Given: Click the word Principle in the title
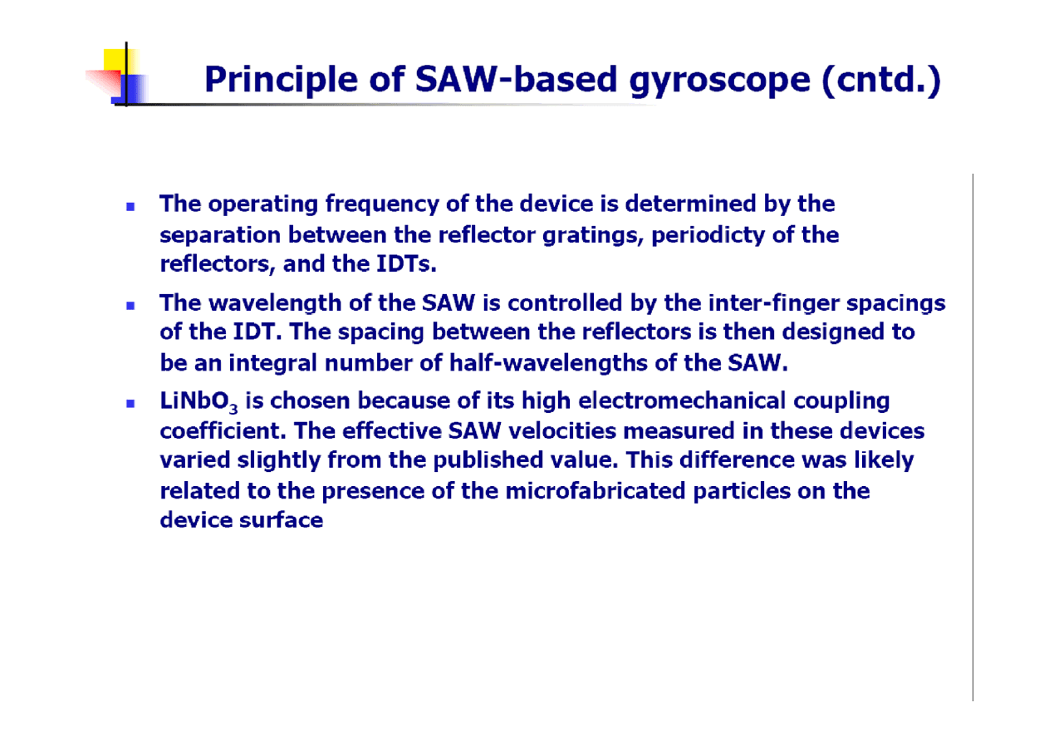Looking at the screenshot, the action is coord(281,80).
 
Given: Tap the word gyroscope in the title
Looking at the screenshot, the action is coord(719,81).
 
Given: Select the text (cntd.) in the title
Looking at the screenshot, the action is coord(881,80).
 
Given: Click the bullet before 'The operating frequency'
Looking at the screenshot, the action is coord(130,207).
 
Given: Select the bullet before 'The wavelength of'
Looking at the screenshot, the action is coord(130,306).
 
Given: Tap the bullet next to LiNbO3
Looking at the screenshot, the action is coord(130,403).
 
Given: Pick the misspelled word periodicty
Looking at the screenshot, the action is coord(708,236).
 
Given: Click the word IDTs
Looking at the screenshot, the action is coord(406,264).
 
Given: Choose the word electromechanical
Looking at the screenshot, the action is coord(682,401).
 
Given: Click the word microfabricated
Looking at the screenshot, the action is coord(596,491).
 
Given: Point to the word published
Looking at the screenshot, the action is coord(488,461).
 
